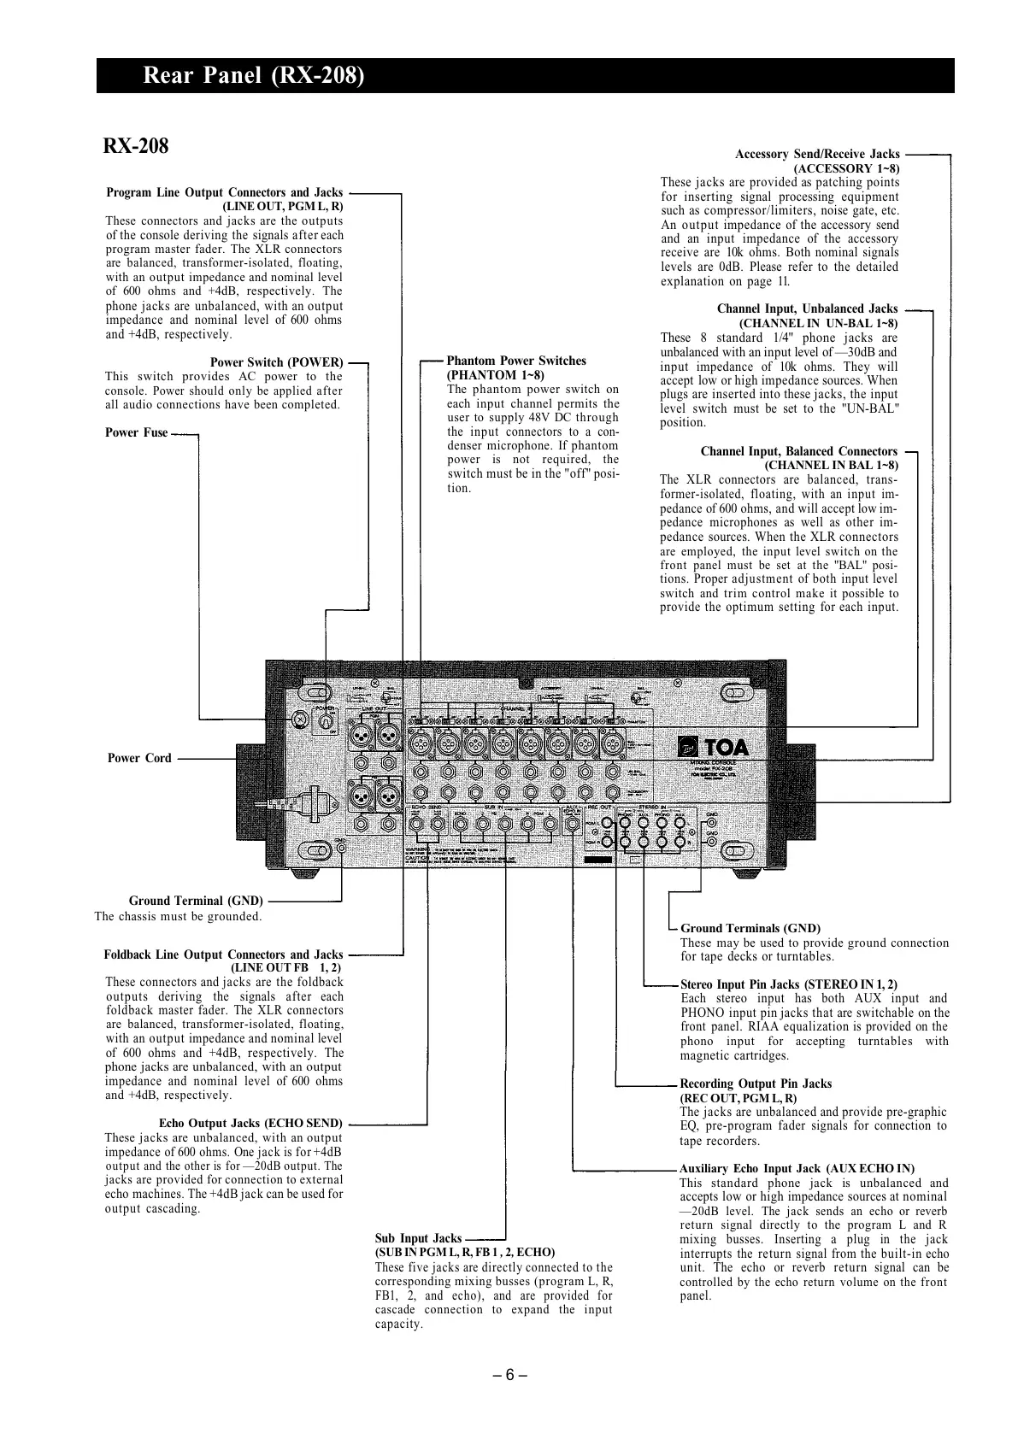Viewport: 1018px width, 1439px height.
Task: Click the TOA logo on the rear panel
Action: (x=714, y=747)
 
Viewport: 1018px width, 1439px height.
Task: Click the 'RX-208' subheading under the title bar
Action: (x=136, y=146)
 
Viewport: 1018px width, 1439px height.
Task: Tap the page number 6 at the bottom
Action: (x=509, y=1375)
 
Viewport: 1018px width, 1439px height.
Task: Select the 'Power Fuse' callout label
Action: (x=137, y=432)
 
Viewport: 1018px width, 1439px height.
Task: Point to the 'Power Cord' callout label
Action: (x=139, y=758)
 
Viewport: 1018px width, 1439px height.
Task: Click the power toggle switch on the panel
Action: (x=326, y=723)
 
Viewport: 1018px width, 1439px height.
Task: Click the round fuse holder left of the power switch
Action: (x=300, y=720)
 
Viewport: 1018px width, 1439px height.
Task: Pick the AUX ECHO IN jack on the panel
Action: (x=572, y=824)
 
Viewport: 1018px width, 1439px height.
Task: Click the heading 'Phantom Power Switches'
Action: (x=516, y=361)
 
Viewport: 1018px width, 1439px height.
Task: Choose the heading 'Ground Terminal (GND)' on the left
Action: (x=196, y=901)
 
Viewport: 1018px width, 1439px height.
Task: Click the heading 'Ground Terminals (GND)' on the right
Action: (x=750, y=928)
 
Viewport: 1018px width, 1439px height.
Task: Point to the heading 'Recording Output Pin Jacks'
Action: (x=756, y=1084)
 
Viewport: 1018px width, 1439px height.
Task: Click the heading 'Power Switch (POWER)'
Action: (x=276, y=362)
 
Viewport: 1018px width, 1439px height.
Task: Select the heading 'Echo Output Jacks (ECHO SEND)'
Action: (x=250, y=1123)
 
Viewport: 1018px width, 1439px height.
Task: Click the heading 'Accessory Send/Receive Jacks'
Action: (x=817, y=154)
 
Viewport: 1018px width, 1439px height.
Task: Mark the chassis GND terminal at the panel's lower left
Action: (x=341, y=849)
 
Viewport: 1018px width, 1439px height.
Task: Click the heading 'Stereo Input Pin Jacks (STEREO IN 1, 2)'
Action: (x=789, y=984)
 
